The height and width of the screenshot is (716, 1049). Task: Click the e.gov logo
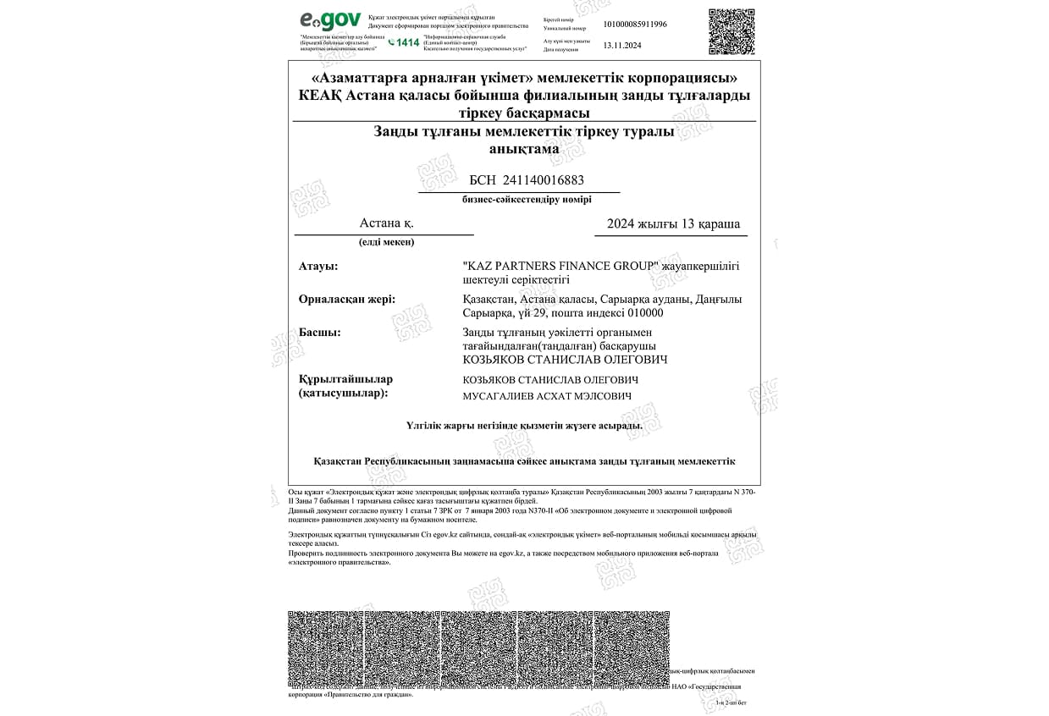click(330, 20)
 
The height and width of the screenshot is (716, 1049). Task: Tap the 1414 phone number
click(407, 42)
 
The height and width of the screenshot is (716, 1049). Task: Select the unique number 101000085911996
click(635, 24)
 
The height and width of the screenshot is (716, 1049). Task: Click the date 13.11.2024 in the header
click(623, 47)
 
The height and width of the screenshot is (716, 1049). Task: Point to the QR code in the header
click(731, 32)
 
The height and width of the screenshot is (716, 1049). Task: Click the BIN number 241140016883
click(543, 180)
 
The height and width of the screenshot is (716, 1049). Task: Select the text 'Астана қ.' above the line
click(386, 223)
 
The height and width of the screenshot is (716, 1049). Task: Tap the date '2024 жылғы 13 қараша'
click(673, 224)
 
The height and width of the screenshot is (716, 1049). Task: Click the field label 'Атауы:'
click(318, 266)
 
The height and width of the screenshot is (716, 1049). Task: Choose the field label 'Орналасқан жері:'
click(347, 299)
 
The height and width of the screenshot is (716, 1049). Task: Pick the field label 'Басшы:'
click(320, 332)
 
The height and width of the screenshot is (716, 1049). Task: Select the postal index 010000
click(646, 313)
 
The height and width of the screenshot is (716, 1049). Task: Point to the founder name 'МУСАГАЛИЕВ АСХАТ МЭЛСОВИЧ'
click(547, 396)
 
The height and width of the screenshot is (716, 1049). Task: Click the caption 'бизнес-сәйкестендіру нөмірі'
click(527, 200)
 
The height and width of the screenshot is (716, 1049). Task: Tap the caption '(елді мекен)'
click(386, 242)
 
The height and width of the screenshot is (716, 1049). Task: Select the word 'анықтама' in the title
click(524, 149)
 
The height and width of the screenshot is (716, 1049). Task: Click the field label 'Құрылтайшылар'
click(345, 379)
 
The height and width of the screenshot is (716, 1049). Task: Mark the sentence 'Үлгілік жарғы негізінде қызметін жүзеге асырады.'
click(524, 426)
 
